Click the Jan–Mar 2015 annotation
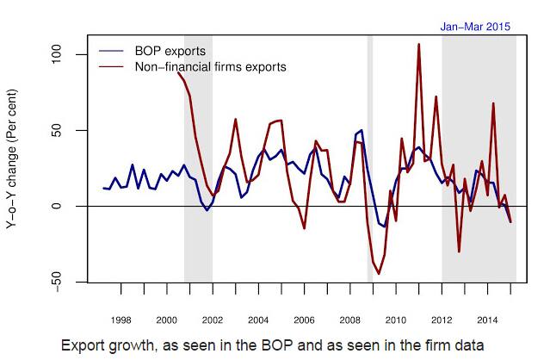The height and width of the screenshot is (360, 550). tap(475, 27)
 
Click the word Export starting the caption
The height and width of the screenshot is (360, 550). tap(83, 344)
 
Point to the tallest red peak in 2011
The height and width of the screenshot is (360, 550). tap(418, 44)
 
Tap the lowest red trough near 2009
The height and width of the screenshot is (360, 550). tap(379, 274)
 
